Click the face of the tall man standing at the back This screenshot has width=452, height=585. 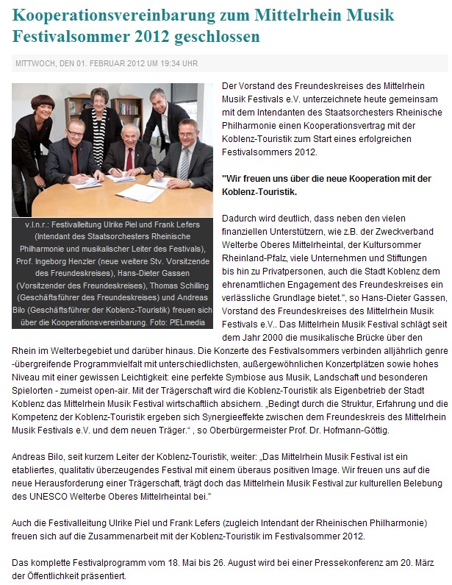158,100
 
